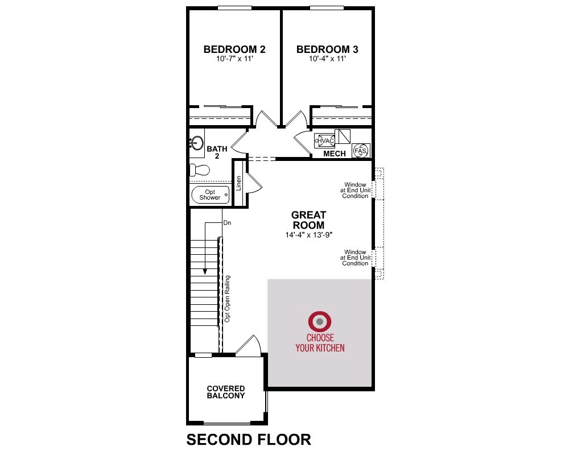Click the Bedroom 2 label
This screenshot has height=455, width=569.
[234, 49]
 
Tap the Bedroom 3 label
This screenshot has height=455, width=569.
[327, 49]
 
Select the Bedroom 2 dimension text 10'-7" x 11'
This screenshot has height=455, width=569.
[234, 59]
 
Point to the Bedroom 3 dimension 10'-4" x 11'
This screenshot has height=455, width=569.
[327, 59]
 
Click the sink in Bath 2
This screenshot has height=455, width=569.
[196, 143]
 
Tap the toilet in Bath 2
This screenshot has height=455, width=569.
[200, 170]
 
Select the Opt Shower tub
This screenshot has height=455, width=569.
[211, 195]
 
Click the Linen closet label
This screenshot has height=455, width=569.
[239, 183]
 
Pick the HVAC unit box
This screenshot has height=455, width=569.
[324, 141]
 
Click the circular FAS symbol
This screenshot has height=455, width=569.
[360, 151]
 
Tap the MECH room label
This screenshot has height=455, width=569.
[335, 154]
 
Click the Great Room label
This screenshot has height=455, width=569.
[309, 220]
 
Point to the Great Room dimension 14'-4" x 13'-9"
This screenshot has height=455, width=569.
[309, 235]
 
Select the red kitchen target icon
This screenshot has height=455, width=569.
[320, 321]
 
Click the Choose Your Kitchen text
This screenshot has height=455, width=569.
[320, 343]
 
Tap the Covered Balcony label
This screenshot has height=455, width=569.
[226, 392]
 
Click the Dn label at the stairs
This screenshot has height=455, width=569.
[227, 223]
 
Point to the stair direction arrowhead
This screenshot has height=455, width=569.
[205, 271]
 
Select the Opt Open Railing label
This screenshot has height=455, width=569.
[228, 299]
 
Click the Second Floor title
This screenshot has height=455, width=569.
[249, 440]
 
